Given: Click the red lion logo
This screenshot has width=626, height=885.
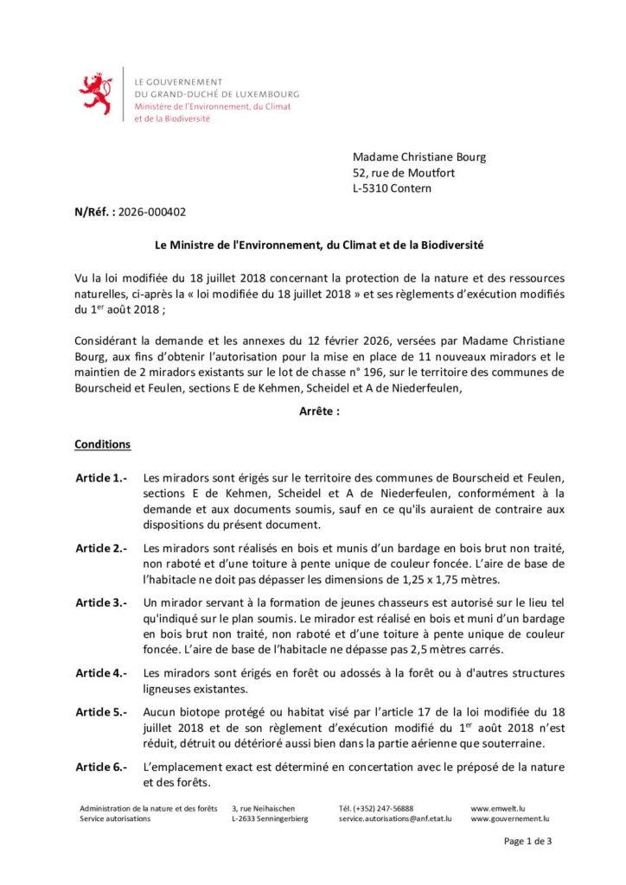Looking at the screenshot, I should coord(95,94).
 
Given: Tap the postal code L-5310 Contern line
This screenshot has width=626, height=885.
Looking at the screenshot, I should coord(392,188).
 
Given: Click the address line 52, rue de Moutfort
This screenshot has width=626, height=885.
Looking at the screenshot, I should coord(404,173).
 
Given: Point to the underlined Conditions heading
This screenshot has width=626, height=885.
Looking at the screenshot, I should coord(103,444).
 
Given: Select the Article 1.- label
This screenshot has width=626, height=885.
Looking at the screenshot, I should coord(101,477).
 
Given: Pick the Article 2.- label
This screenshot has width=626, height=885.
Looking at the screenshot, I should coord(101,548).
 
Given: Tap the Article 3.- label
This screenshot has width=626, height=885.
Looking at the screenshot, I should coord(101,602).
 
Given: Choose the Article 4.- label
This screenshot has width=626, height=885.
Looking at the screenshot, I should coord(101,672).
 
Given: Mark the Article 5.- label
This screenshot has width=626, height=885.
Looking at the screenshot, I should coord(101,712).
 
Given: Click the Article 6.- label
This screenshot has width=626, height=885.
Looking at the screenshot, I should coord(101,767).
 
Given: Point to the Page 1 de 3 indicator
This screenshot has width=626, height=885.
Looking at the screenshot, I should coord(527,841).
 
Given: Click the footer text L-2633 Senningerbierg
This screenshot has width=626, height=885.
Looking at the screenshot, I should coord(269,818).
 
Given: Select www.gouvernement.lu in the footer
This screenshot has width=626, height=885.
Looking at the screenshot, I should coord(510,818).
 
